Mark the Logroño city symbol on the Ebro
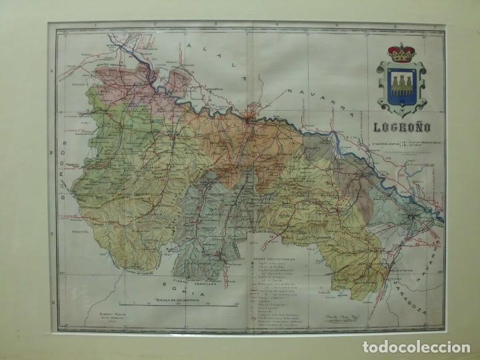tap(247, 120)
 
